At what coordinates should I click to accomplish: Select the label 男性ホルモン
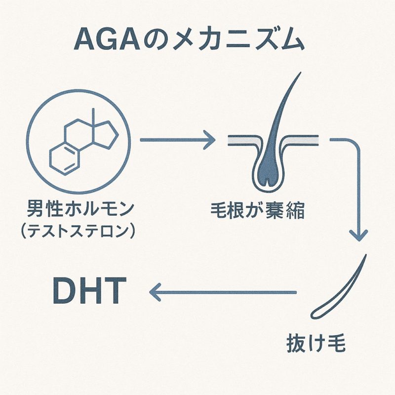point(79,211)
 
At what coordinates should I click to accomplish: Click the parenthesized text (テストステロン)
point(79,232)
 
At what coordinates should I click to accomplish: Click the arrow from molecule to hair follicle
point(178,140)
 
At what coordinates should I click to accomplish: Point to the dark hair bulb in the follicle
point(266,168)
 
